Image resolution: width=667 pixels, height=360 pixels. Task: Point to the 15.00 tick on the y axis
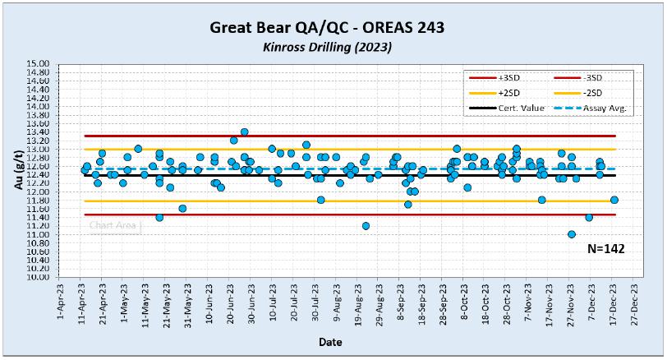(39, 63)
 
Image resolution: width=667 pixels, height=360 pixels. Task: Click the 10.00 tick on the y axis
(39, 277)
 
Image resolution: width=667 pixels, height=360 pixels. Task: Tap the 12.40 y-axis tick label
(39, 174)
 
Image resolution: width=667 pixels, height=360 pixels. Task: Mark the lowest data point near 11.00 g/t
(572, 234)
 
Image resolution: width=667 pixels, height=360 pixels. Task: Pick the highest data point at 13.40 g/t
(244, 132)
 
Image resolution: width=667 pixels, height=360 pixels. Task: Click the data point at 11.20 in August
(366, 226)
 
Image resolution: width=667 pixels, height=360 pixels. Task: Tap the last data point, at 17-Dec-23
(614, 200)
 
